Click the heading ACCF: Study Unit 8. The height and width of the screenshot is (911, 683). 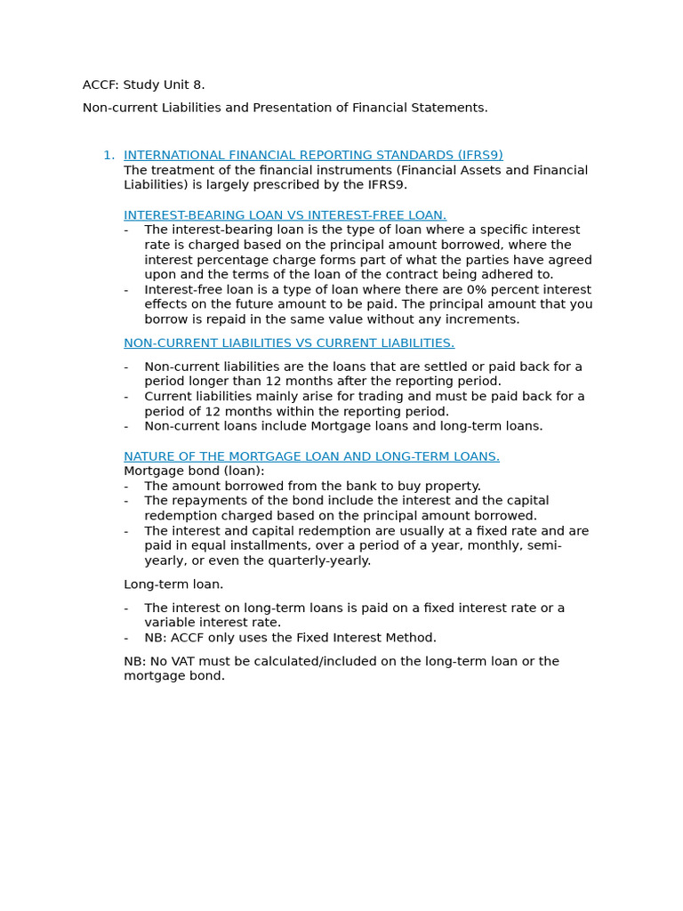pyautogui.click(x=143, y=85)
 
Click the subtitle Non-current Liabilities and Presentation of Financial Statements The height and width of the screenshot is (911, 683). pyautogui.click(x=285, y=108)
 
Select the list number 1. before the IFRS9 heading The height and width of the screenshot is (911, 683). pyautogui.click(x=108, y=155)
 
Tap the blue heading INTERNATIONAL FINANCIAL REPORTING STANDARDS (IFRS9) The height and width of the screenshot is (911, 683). pyautogui.click(x=313, y=155)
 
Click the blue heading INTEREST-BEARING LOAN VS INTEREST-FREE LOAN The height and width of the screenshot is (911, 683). pyautogui.click(x=285, y=215)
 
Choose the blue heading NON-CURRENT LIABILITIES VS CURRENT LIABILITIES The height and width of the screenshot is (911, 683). pyautogui.click(x=289, y=343)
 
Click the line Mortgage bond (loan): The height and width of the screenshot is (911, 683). pyautogui.click(x=194, y=472)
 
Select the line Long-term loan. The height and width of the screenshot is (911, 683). pyautogui.click(x=173, y=584)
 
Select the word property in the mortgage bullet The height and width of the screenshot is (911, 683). pyautogui.click(x=450, y=487)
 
